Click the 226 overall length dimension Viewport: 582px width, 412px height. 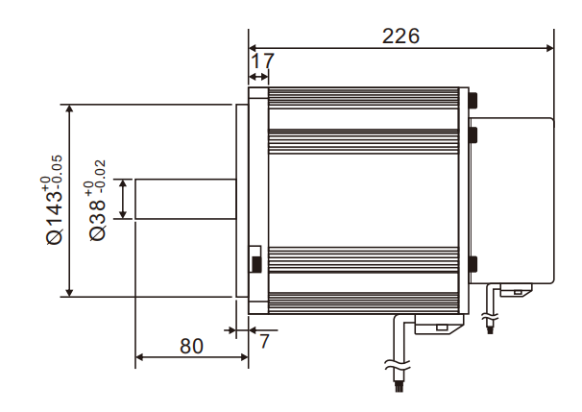click(400, 36)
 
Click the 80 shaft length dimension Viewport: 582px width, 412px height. click(191, 346)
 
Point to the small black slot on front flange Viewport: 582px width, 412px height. click(255, 261)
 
